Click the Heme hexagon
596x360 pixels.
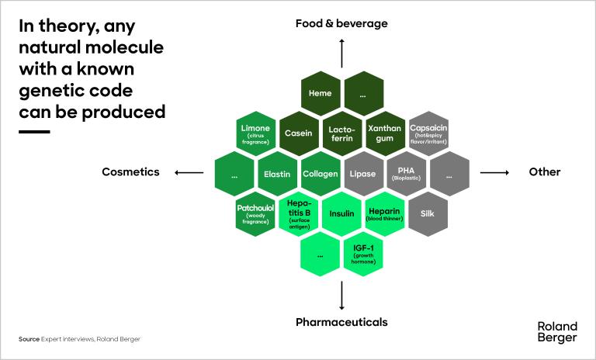point(320,93)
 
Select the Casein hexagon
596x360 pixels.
point(298,133)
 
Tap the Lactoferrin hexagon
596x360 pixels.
point(341,133)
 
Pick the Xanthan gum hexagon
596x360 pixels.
point(385,133)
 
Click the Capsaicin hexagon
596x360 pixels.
point(428,133)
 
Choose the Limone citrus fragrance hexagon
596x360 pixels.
point(255,133)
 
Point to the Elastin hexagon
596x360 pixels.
point(277,173)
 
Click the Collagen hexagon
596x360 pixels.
point(321,173)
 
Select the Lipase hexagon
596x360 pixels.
point(363,173)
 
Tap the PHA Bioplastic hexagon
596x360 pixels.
point(407,173)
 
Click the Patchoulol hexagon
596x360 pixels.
point(255,213)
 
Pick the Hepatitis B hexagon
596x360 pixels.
point(299,213)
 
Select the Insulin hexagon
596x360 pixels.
point(341,213)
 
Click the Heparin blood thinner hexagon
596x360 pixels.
point(385,213)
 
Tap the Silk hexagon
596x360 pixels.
point(428,213)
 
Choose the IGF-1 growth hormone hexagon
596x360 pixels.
point(363,253)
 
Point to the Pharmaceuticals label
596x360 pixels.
point(341,321)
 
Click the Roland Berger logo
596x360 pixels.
point(557,331)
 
